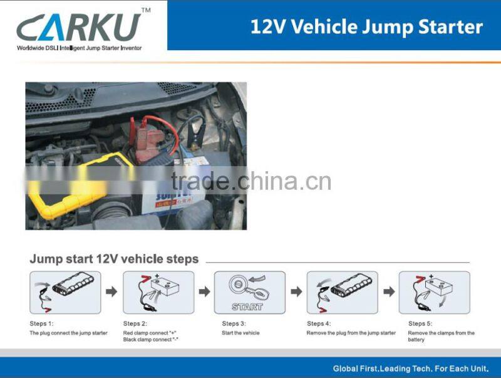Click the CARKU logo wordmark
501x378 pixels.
(x=79, y=27)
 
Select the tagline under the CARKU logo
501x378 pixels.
(x=80, y=48)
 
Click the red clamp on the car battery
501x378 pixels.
(x=148, y=140)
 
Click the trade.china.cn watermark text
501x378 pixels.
(x=251, y=181)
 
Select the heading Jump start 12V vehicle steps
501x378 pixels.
(x=114, y=259)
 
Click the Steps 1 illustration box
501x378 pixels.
(x=65, y=293)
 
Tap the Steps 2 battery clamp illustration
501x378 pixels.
(x=158, y=293)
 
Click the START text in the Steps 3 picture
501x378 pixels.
(x=247, y=307)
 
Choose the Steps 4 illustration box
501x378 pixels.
(x=342, y=293)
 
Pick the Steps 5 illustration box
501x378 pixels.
(x=435, y=293)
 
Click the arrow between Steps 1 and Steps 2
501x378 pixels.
(x=111, y=291)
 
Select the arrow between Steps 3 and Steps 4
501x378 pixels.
(x=296, y=291)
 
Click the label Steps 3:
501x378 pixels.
(x=234, y=323)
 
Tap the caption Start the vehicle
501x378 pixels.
(x=240, y=333)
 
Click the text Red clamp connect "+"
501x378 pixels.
(x=150, y=333)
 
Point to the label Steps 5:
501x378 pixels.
(x=420, y=323)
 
